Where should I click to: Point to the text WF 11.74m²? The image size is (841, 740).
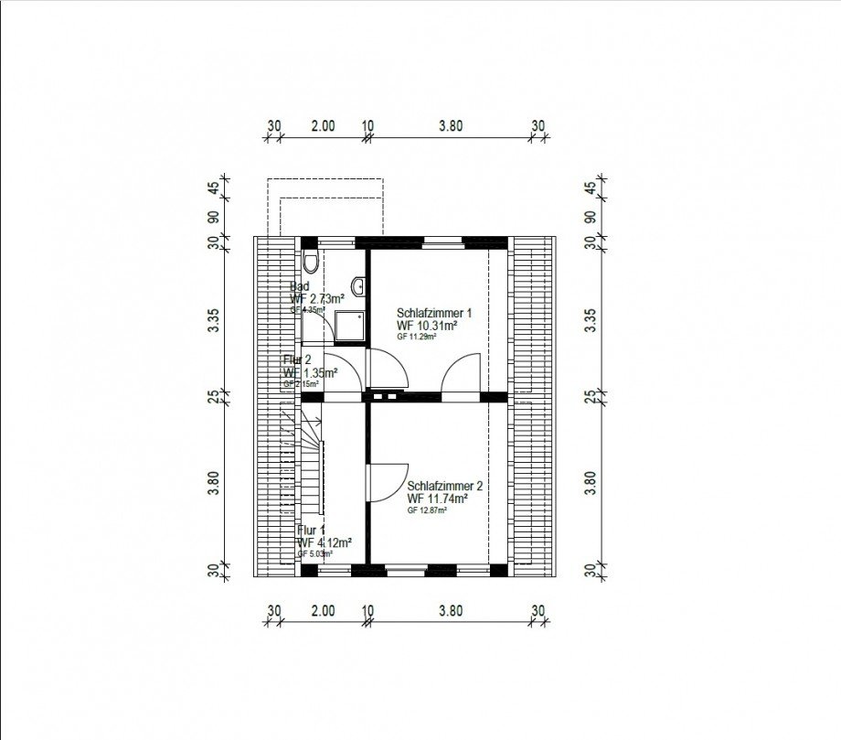click(439, 499)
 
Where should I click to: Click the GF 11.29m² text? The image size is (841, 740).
click(417, 337)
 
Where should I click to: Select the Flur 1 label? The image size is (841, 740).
click(311, 530)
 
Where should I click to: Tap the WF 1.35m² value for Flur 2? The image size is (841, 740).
click(312, 372)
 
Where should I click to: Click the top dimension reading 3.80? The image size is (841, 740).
click(450, 126)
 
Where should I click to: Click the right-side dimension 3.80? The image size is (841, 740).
click(591, 482)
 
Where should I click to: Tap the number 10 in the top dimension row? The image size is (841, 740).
click(367, 126)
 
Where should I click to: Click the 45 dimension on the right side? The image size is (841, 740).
click(591, 189)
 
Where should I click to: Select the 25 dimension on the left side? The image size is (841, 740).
click(212, 396)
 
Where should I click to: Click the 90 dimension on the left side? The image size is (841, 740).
click(212, 218)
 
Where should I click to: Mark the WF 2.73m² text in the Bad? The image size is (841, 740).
click(317, 298)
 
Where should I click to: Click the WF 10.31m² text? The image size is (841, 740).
click(427, 325)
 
